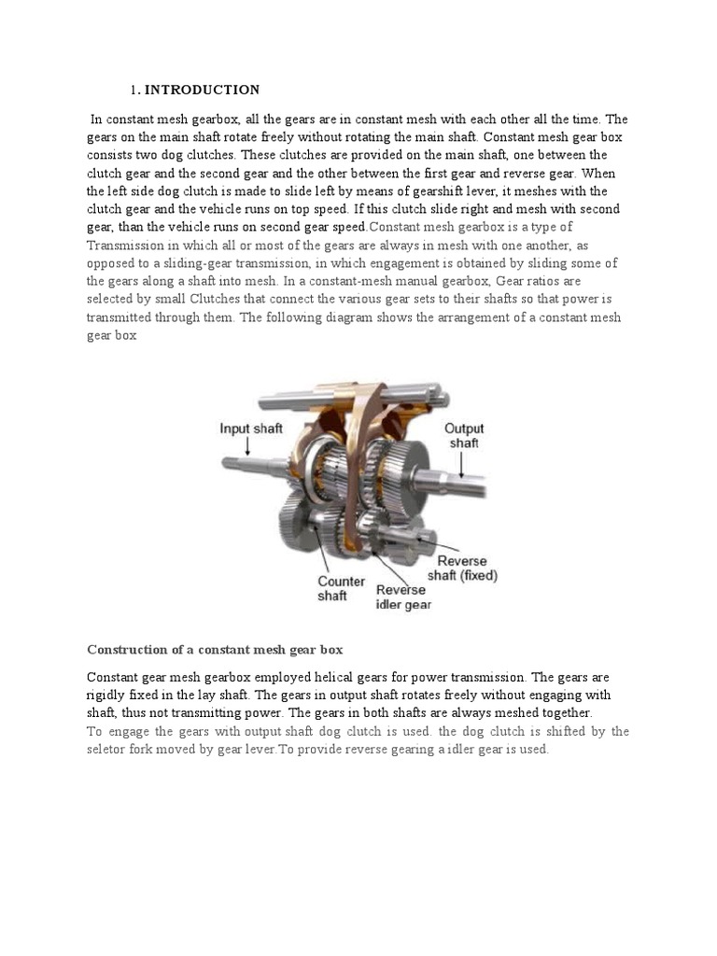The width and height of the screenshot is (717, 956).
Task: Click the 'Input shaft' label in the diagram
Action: (251, 429)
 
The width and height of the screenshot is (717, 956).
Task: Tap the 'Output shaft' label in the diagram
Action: (463, 435)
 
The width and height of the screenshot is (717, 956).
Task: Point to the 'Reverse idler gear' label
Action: (403, 597)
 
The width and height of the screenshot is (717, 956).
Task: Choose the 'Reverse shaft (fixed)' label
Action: (462, 568)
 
